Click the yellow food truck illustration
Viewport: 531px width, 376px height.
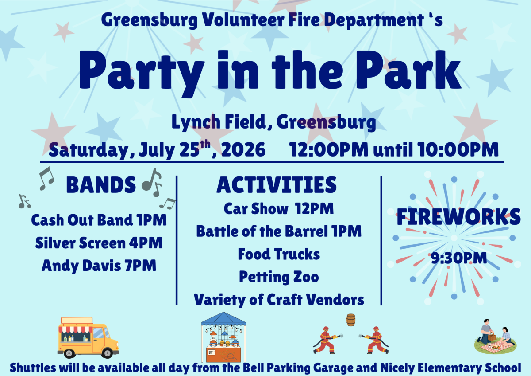click(88, 337)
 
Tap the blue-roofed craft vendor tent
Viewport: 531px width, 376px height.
click(223, 337)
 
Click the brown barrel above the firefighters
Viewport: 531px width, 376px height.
click(351, 320)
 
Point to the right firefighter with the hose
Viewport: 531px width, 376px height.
click(374, 341)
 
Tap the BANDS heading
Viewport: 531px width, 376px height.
click(101, 185)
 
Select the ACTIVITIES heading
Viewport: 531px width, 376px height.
click(277, 185)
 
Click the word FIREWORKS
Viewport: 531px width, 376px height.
click(458, 217)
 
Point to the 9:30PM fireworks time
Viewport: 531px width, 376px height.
click(459, 258)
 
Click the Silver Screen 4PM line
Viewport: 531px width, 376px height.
click(99, 243)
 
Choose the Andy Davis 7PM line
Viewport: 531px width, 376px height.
click(99, 266)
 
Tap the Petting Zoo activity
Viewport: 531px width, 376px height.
click(279, 277)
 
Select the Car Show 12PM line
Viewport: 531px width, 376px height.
click(279, 208)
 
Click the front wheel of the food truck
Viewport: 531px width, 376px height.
click(107, 353)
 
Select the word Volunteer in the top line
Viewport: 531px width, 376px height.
click(243, 20)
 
